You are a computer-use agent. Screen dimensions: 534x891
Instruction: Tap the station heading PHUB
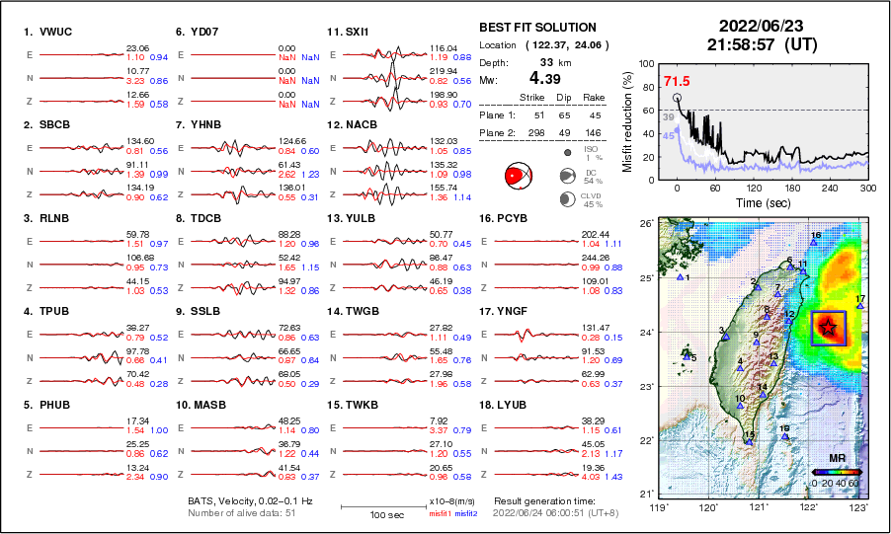45,405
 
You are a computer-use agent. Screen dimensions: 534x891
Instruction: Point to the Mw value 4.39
546,78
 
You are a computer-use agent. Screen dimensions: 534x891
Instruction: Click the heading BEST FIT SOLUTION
537,28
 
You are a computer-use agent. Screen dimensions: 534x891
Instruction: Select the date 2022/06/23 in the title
759,25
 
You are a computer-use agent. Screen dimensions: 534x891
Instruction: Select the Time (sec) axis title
758,202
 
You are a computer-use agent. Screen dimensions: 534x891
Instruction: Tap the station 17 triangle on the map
860,306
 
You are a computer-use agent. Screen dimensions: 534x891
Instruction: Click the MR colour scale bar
836,473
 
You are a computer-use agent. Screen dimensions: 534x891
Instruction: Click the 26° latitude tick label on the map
644,225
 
